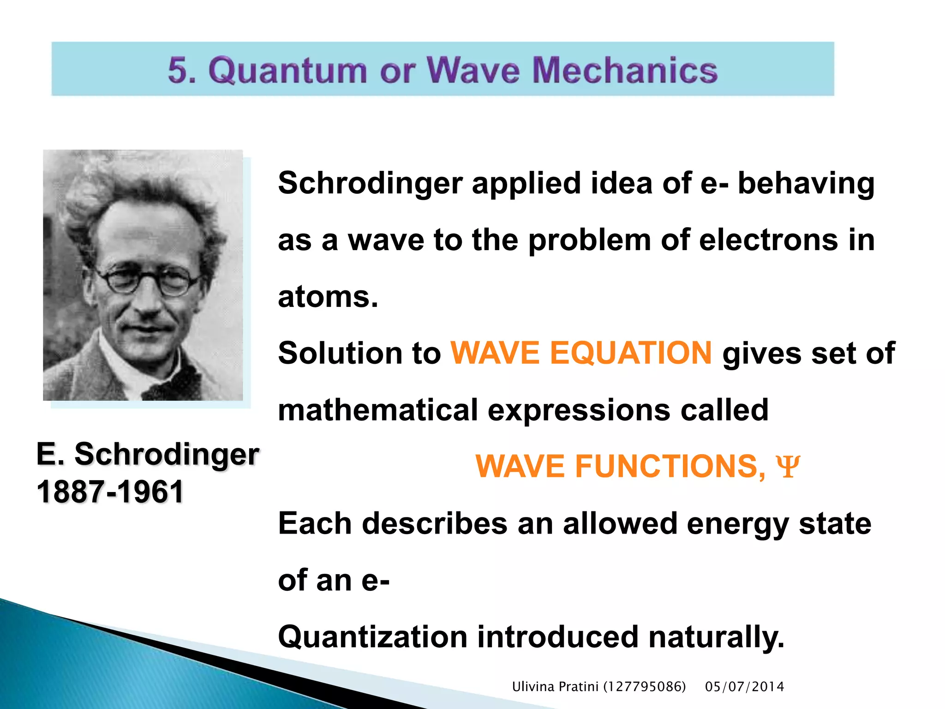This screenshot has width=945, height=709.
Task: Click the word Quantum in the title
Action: pos(287,70)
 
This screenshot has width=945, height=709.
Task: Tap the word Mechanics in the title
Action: pos(625,70)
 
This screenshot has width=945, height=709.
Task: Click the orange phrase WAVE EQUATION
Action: pos(581,353)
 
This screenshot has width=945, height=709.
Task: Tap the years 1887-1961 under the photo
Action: pos(110,492)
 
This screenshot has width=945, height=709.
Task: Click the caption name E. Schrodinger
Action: pos(148,454)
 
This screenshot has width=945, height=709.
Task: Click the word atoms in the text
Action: pos(328,297)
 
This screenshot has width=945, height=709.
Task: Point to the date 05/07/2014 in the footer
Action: pos(744,687)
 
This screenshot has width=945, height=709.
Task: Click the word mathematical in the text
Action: pos(378,410)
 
